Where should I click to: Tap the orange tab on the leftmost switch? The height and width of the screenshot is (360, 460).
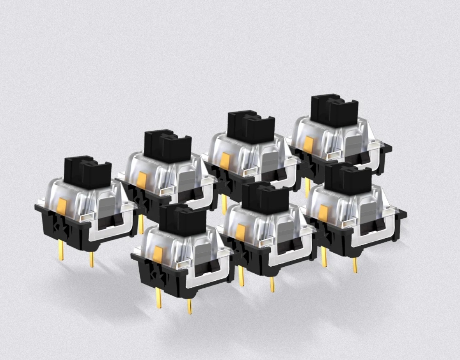pyautogui.click(x=61, y=206)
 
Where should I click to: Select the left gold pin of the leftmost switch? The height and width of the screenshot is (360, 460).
pyautogui.click(x=61, y=250)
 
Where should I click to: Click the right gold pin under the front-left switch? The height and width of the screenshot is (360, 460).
pyautogui.click(x=189, y=306)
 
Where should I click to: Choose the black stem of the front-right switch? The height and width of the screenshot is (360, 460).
pyautogui.click(x=348, y=178)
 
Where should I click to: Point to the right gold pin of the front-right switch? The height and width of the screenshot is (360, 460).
pyautogui.click(x=355, y=265)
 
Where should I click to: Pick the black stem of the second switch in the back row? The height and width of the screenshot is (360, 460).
pyautogui.click(x=167, y=146)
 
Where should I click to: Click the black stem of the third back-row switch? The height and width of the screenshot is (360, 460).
pyautogui.click(x=250, y=127)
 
